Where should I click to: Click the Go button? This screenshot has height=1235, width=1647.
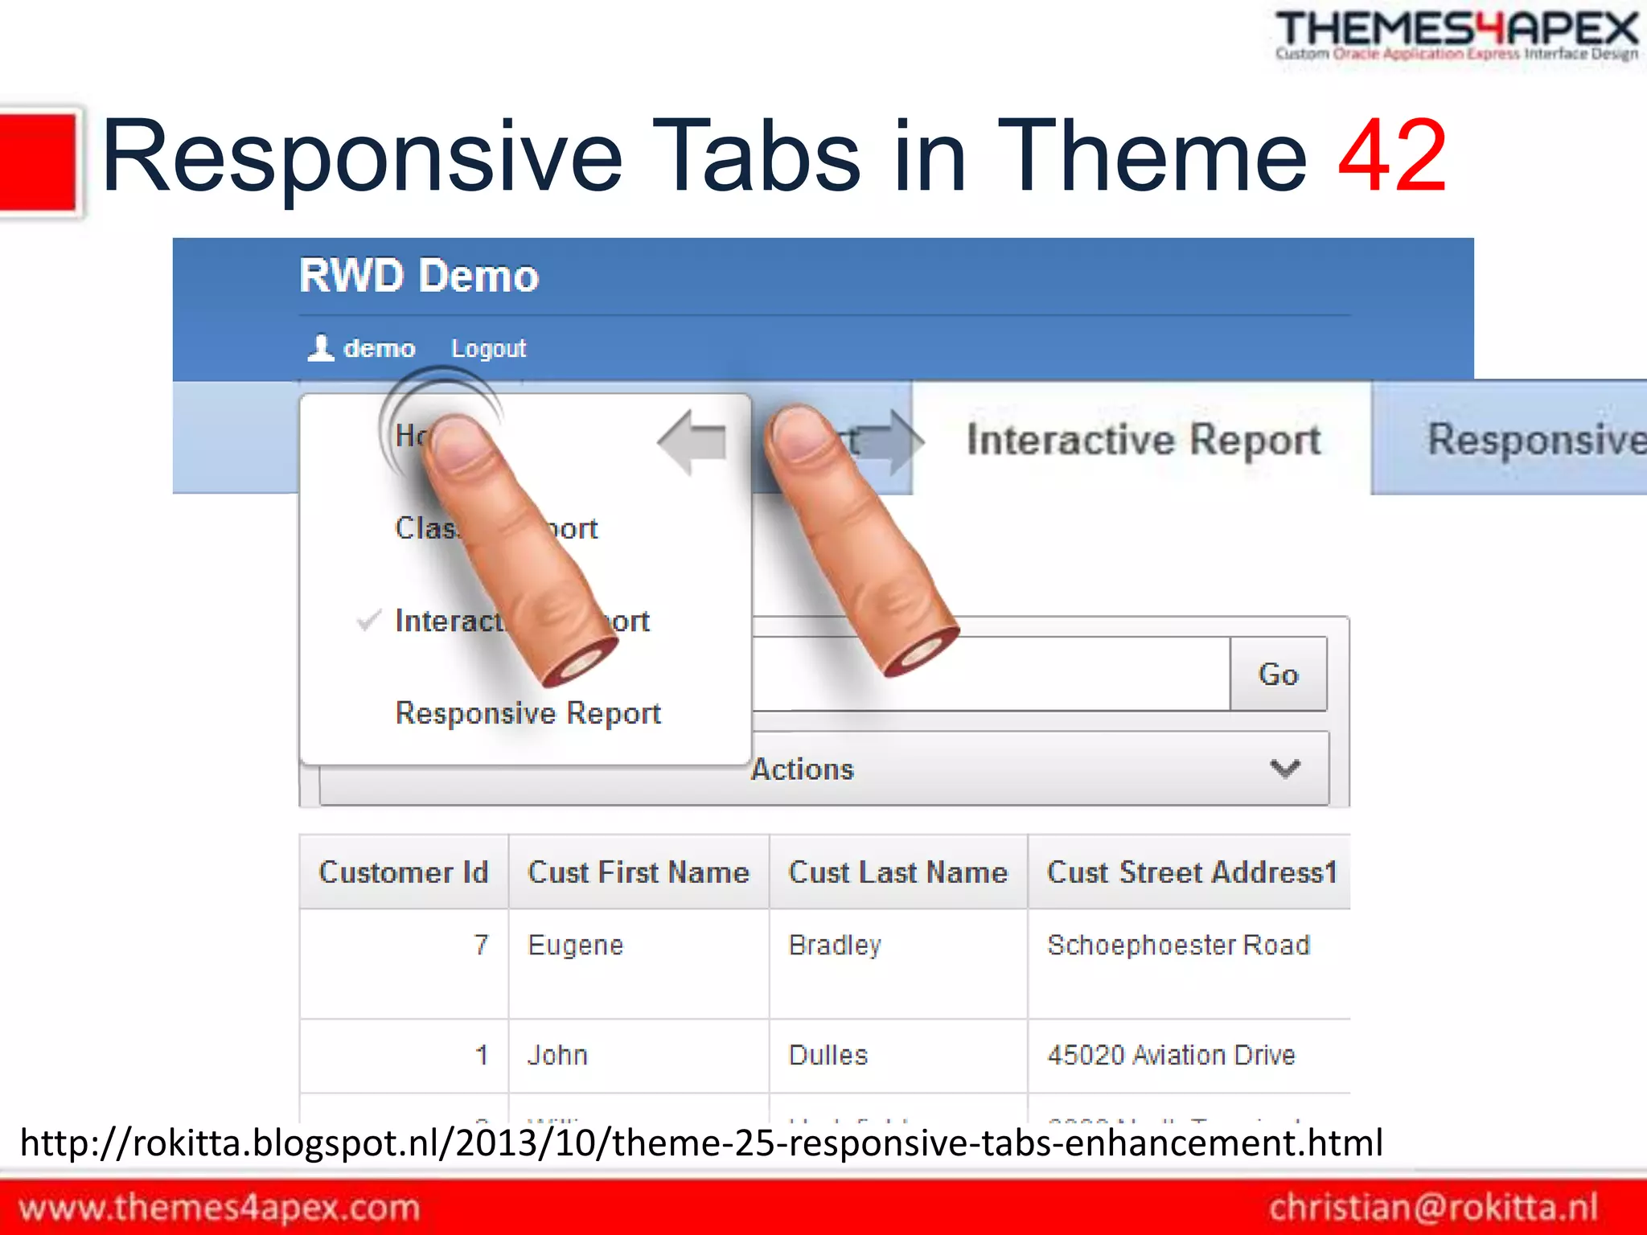point(1278,674)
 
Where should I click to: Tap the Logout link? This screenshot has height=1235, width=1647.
point(488,348)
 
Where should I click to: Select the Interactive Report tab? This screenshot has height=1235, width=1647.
point(1143,439)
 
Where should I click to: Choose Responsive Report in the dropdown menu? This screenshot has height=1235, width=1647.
point(528,713)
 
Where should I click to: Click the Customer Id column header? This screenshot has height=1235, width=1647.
point(404,872)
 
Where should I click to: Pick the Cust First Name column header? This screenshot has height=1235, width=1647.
point(639,872)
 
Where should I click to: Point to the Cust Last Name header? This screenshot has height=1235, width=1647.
point(897,872)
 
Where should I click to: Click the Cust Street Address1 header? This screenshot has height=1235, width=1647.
point(1191,872)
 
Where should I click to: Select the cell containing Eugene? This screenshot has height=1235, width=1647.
point(576,945)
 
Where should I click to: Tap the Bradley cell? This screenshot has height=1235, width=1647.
point(835,945)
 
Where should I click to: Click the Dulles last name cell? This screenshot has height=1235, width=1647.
point(828,1055)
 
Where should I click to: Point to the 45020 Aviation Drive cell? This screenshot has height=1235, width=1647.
point(1171,1055)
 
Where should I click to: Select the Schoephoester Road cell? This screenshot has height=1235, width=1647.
point(1178,945)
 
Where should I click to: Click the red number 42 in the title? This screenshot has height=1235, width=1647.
point(1392,156)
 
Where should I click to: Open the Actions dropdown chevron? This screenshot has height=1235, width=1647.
point(1284,769)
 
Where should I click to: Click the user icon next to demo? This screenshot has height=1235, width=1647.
point(321,348)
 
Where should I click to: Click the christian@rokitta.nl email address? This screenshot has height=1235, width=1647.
point(1433,1208)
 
